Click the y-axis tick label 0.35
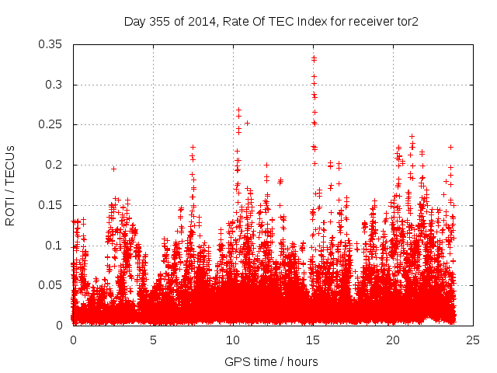coord(53,44)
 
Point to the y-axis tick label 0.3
coord(56,85)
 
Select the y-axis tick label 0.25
coord(53,124)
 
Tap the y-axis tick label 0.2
coord(56,165)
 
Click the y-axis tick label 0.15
coord(53,205)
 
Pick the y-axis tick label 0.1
coord(56,246)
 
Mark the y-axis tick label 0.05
coord(53,285)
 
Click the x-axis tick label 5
coord(153,340)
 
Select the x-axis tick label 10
coord(233,340)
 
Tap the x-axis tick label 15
coord(313,340)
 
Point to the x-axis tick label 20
coord(393,340)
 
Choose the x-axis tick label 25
coord(473,340)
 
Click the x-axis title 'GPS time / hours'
coord(271,361)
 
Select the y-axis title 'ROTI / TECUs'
coord(11,185)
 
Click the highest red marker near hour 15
coord(314,58)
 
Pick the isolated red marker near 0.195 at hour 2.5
coord(113,169)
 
